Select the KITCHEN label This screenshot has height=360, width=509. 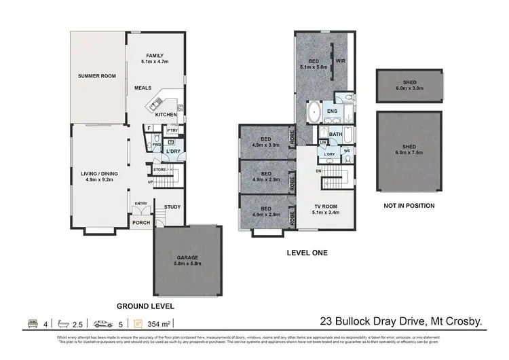pos(166,114)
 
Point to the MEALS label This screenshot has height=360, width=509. pos(143,88)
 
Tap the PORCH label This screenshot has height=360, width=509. pos(141,222)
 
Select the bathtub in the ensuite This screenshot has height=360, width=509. pos(314,111)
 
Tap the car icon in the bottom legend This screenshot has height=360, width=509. pos(102,324)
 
